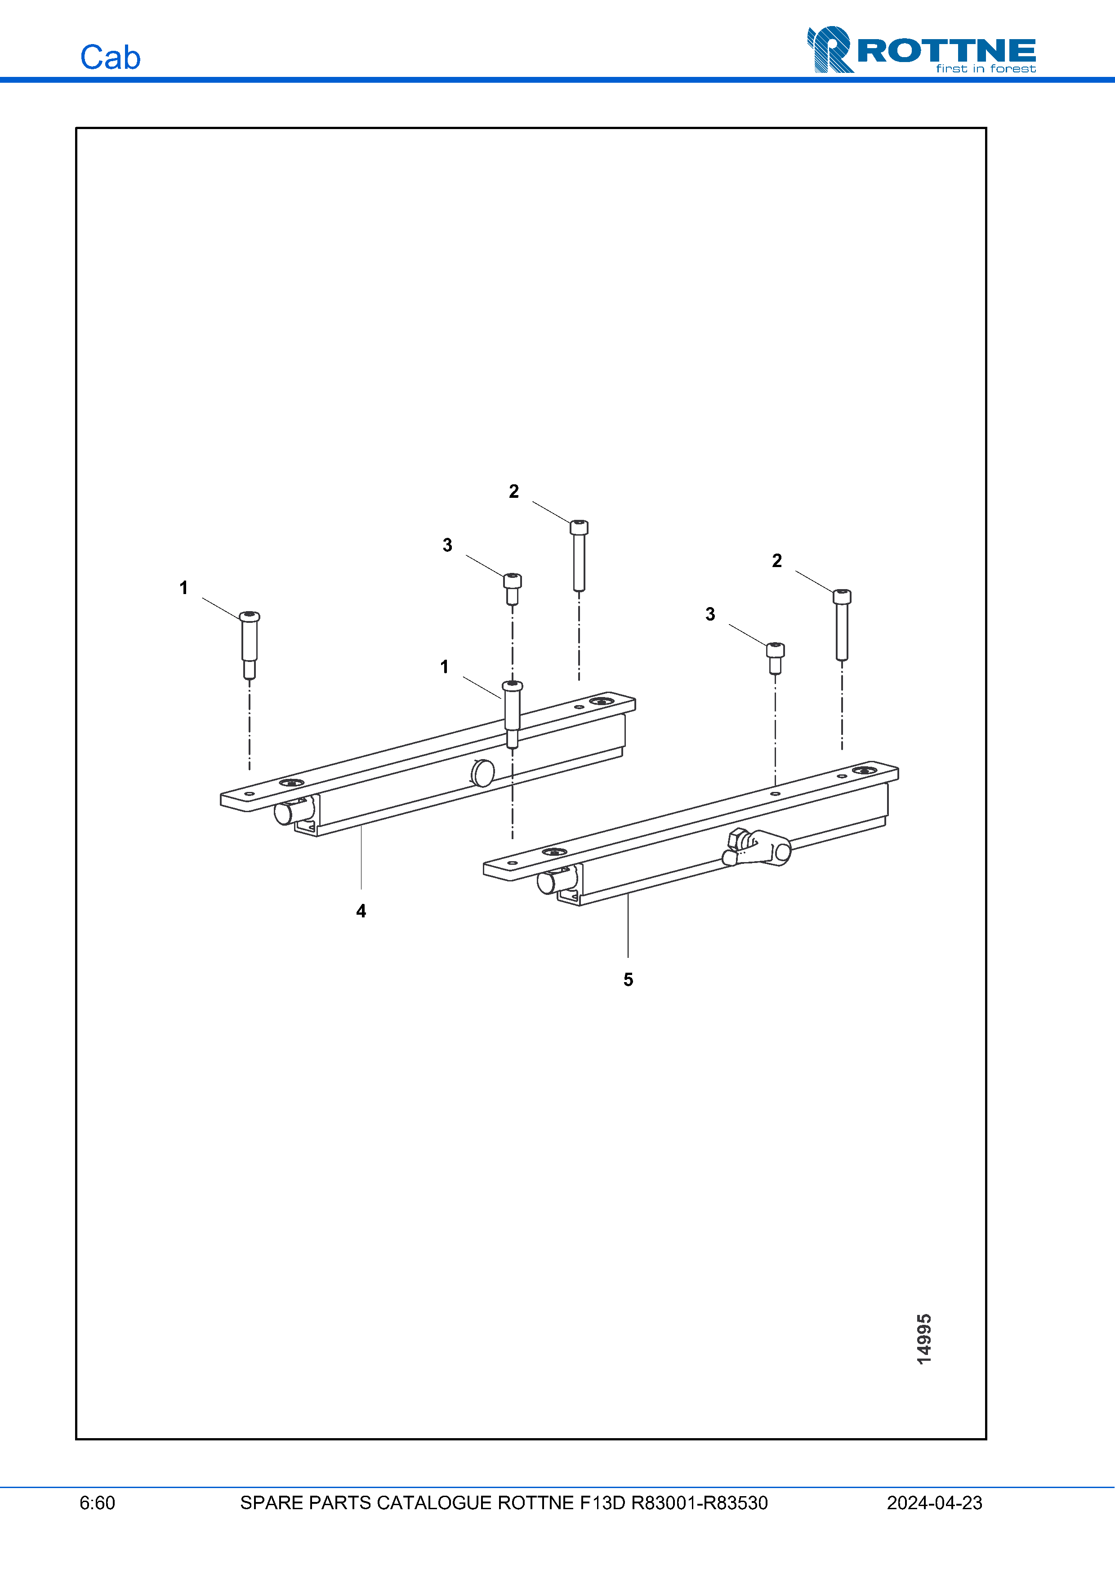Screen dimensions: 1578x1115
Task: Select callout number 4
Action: (361, 912)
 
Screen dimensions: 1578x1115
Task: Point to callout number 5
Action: (628, 979)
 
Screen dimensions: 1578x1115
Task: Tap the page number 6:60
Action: (97, 1503)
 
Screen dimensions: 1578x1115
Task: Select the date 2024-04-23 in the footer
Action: (934, 1503)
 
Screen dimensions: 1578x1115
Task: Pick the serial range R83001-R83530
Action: (700, 1503)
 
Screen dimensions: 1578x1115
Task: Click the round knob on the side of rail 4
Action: (483, 773)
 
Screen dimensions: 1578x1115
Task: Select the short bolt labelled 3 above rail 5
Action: (776, 658)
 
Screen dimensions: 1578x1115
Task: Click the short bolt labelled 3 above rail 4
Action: (513, 589)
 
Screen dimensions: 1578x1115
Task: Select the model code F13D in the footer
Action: (602, 1503)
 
